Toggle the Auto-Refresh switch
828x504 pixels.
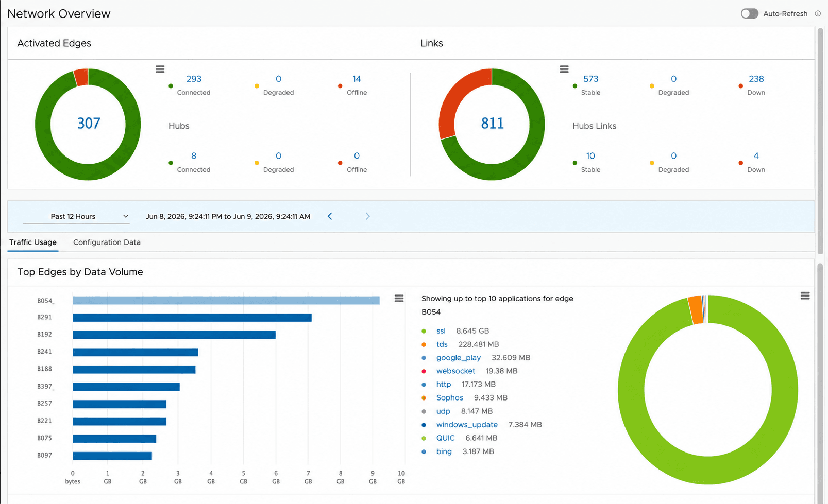click(x=749, y=14)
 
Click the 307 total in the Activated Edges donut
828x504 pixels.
click(x=89, y=124)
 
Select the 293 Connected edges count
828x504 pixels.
click(x=194, y=79)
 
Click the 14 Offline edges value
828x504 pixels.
click(x=357, y=79)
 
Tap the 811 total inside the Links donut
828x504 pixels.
click(x=493, y=124)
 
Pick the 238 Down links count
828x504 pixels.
click(x=756, y=79)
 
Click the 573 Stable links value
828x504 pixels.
click(x=590, y=79)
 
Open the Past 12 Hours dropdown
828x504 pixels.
click(x=76, y=216)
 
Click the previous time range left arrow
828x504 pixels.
click(x=330, y=216)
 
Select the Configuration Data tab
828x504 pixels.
click(x=107, y=242)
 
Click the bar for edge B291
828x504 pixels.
click(x=192, y=318)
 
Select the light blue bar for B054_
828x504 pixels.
click(x=226, y=300)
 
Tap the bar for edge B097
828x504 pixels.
click(x=112, y=456)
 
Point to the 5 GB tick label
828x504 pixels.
click(x=243, y=477)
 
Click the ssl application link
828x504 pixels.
click(x=441, y=331)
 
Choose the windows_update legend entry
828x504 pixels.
click(x=467, y=425)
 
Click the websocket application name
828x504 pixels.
click(x=456, y=371)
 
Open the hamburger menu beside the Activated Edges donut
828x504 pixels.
click(x=160, y=69)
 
